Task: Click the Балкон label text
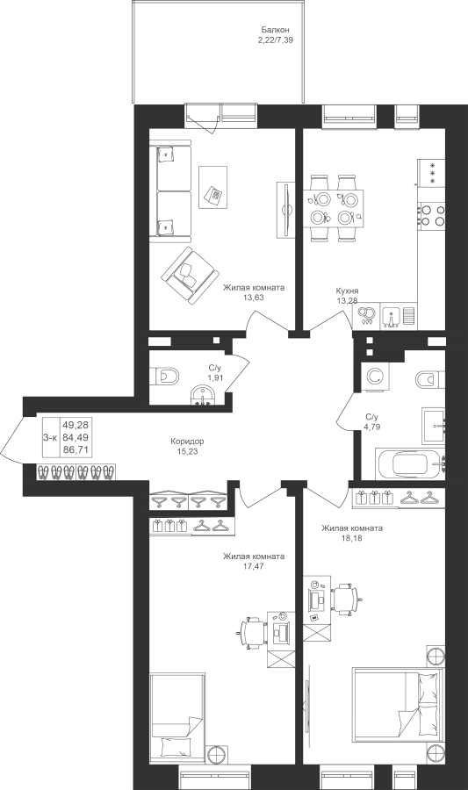pos(275,30)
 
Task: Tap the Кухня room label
pos(348,291)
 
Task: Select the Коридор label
pos(187,442)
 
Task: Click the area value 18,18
pos(352,537)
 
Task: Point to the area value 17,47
pos(254,566)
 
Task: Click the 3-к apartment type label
pos(50,438)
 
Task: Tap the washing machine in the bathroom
pos(374,377)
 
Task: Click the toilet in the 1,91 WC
pos(164,376)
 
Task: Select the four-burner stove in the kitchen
pos(432,213)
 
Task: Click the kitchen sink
pos(391,316)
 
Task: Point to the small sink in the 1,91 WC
pos(203,396)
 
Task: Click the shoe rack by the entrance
pos(76,472)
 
